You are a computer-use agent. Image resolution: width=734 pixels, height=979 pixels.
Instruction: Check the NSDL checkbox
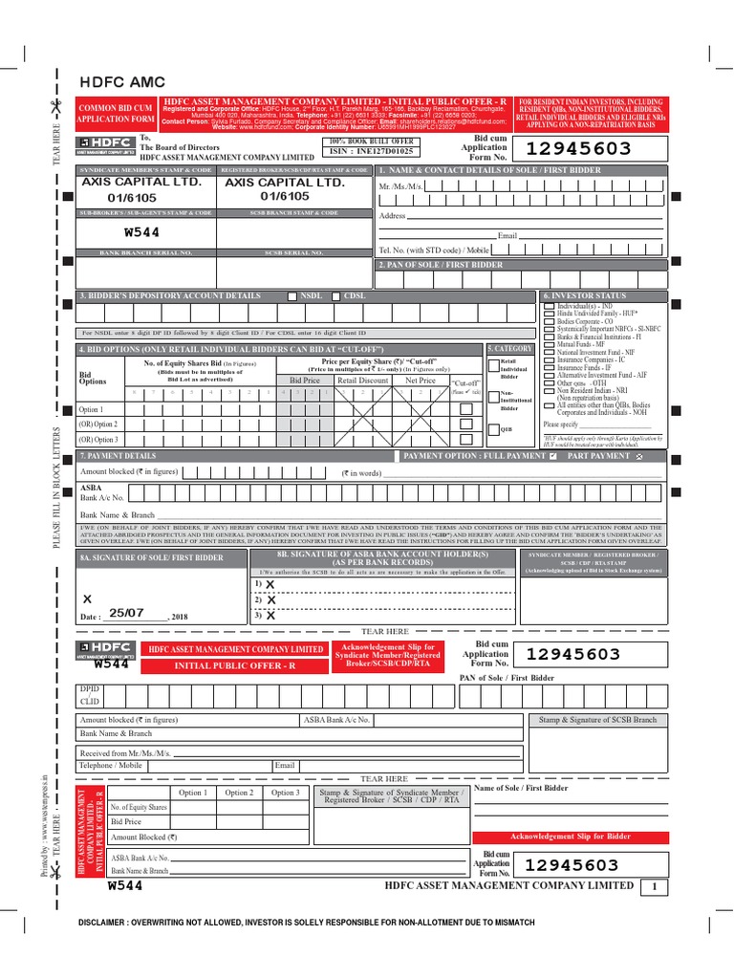point(292,297)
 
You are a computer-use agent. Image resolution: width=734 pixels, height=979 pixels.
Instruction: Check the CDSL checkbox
point(335,297)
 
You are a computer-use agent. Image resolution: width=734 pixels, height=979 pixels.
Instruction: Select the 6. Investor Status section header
point(585,296)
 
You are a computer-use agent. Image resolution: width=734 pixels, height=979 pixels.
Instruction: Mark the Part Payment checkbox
point(639,458)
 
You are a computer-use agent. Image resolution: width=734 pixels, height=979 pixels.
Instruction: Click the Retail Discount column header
point(362,381)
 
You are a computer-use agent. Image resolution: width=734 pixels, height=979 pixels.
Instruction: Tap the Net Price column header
point(421,381)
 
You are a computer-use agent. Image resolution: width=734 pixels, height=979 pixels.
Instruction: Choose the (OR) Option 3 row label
point(98,439)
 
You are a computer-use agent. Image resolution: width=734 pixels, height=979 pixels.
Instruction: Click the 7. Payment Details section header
point(119,457)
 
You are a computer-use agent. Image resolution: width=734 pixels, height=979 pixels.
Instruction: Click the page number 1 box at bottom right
point(655,886)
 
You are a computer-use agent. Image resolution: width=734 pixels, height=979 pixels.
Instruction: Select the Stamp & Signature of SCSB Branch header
point(598,719)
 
